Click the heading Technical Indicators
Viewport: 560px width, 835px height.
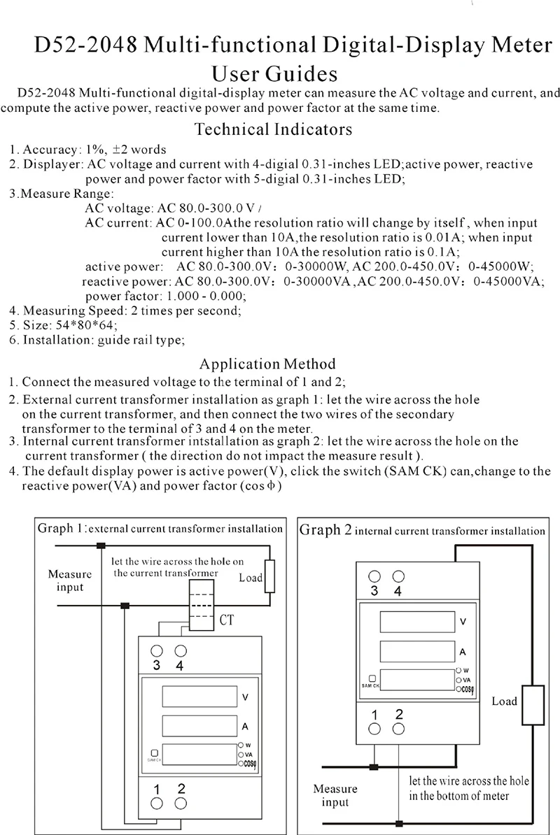(273, 129)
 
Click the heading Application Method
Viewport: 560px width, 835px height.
(267, 364)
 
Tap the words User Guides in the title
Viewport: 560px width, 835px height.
(274, 74)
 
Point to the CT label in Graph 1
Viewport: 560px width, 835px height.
(227, 620)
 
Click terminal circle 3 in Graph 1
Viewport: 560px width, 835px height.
(157, 650)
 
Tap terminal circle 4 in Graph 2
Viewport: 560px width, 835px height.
(399, 576)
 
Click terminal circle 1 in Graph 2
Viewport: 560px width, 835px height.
(375, 729)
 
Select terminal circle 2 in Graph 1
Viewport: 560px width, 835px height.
(181, 804)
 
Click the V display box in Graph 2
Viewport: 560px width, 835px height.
(414, 621)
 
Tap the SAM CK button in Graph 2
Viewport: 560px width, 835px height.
(372, 678)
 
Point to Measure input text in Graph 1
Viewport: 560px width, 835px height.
(69, 580)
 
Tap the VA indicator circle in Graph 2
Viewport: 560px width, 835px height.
(458, 679)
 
